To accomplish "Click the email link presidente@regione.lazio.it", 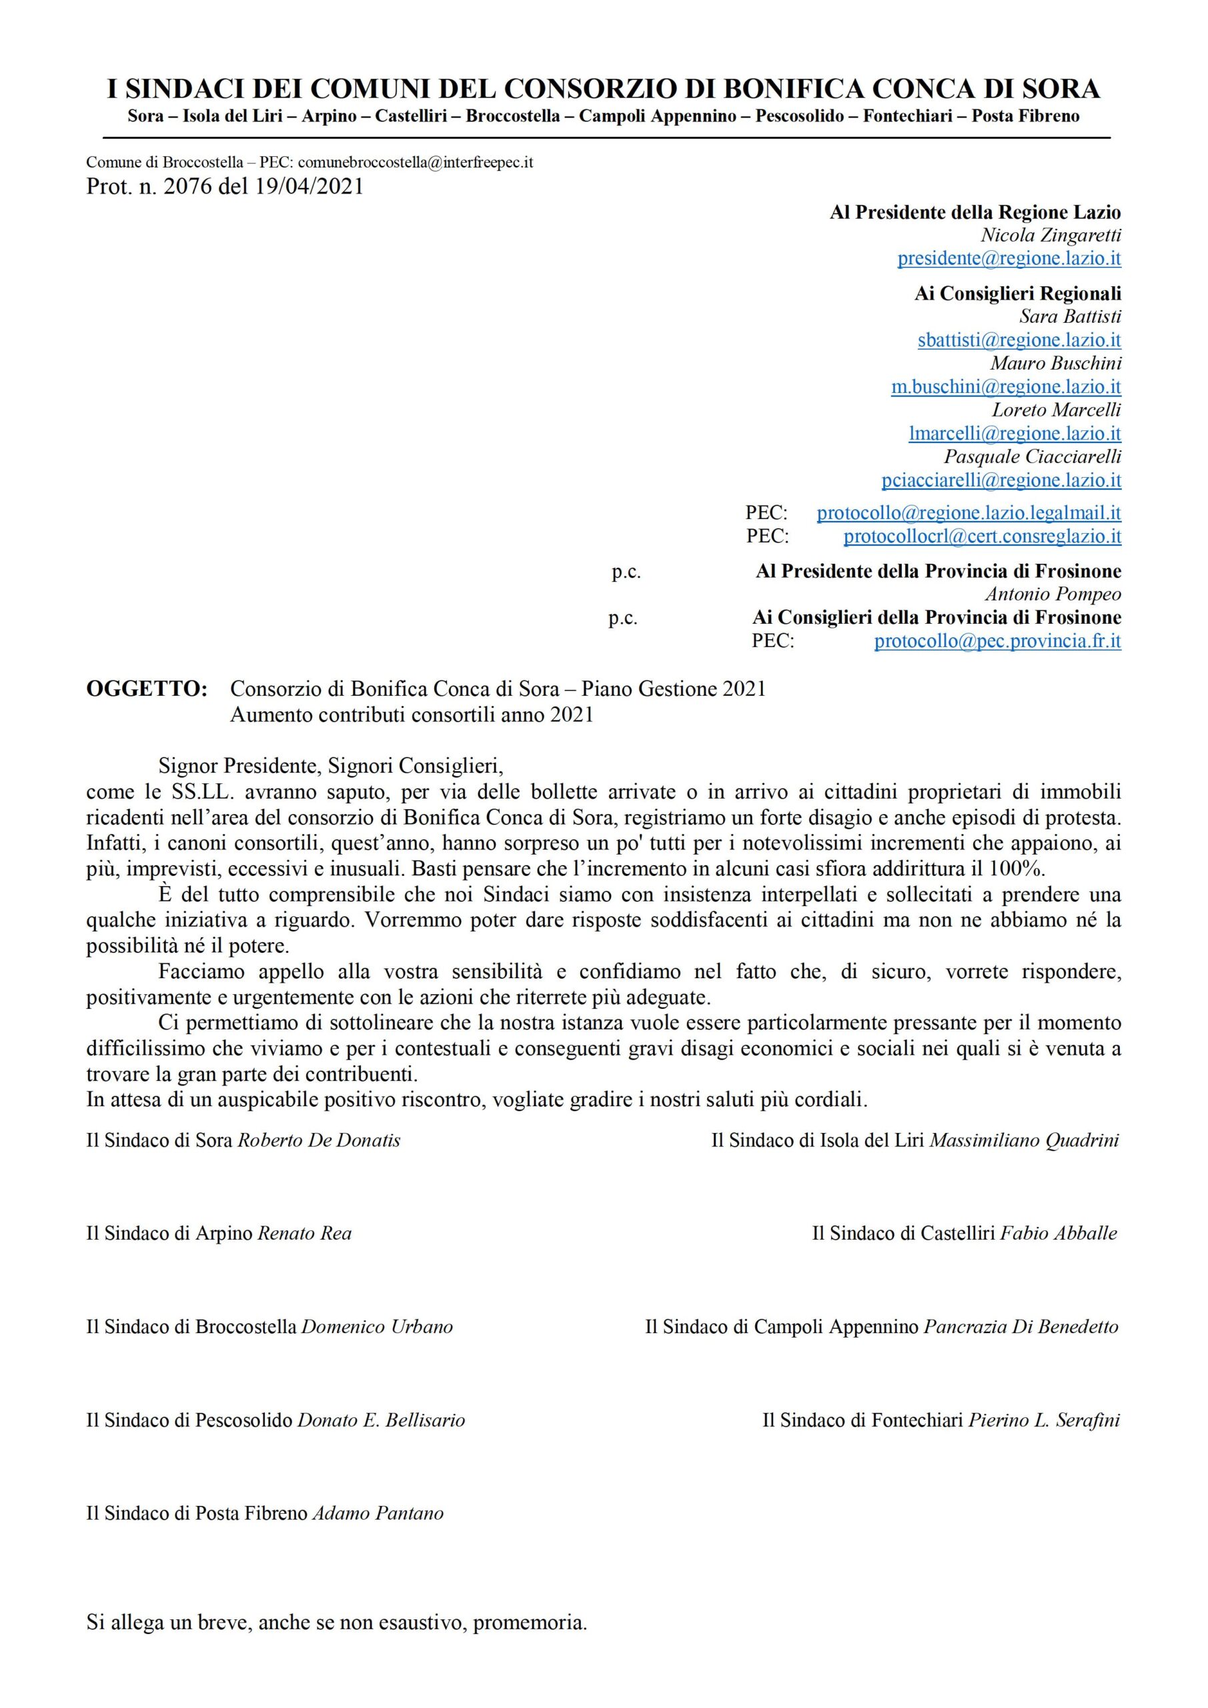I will [1009, 259].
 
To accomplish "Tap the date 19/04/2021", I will [309, 186].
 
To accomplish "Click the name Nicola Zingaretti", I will [1051, 236].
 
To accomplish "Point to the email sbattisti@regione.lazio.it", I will [1019, 340].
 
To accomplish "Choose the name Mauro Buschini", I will [1055, 363].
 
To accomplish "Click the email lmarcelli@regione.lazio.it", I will [1015, 433].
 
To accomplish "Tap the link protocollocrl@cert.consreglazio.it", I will [982, 536].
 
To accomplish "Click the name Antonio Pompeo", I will [1053, 594].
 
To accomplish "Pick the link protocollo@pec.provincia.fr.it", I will [997, 641].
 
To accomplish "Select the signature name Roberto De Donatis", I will [318, 1140].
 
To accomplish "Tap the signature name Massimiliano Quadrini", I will [1025, 1140].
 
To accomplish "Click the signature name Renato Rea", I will [304, 1234].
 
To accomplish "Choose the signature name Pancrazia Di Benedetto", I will [1021, 1327].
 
